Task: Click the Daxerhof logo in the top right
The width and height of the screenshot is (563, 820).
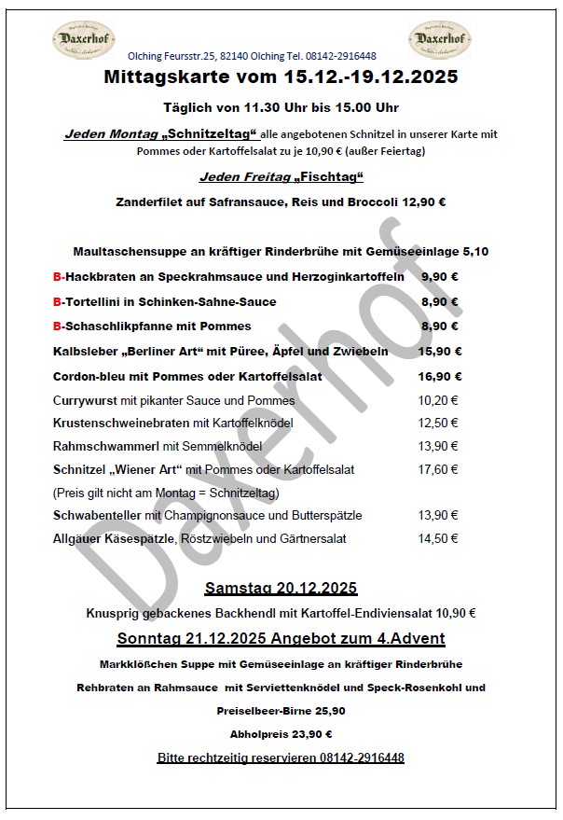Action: pos(437,41)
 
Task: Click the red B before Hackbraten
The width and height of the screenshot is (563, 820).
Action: pos(57,277)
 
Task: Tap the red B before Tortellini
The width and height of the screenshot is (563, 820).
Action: pos(57,302)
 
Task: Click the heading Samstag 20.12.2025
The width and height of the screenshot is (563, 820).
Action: pos(281,589)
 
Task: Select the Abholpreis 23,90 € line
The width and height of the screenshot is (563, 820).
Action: pos(281,734)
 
